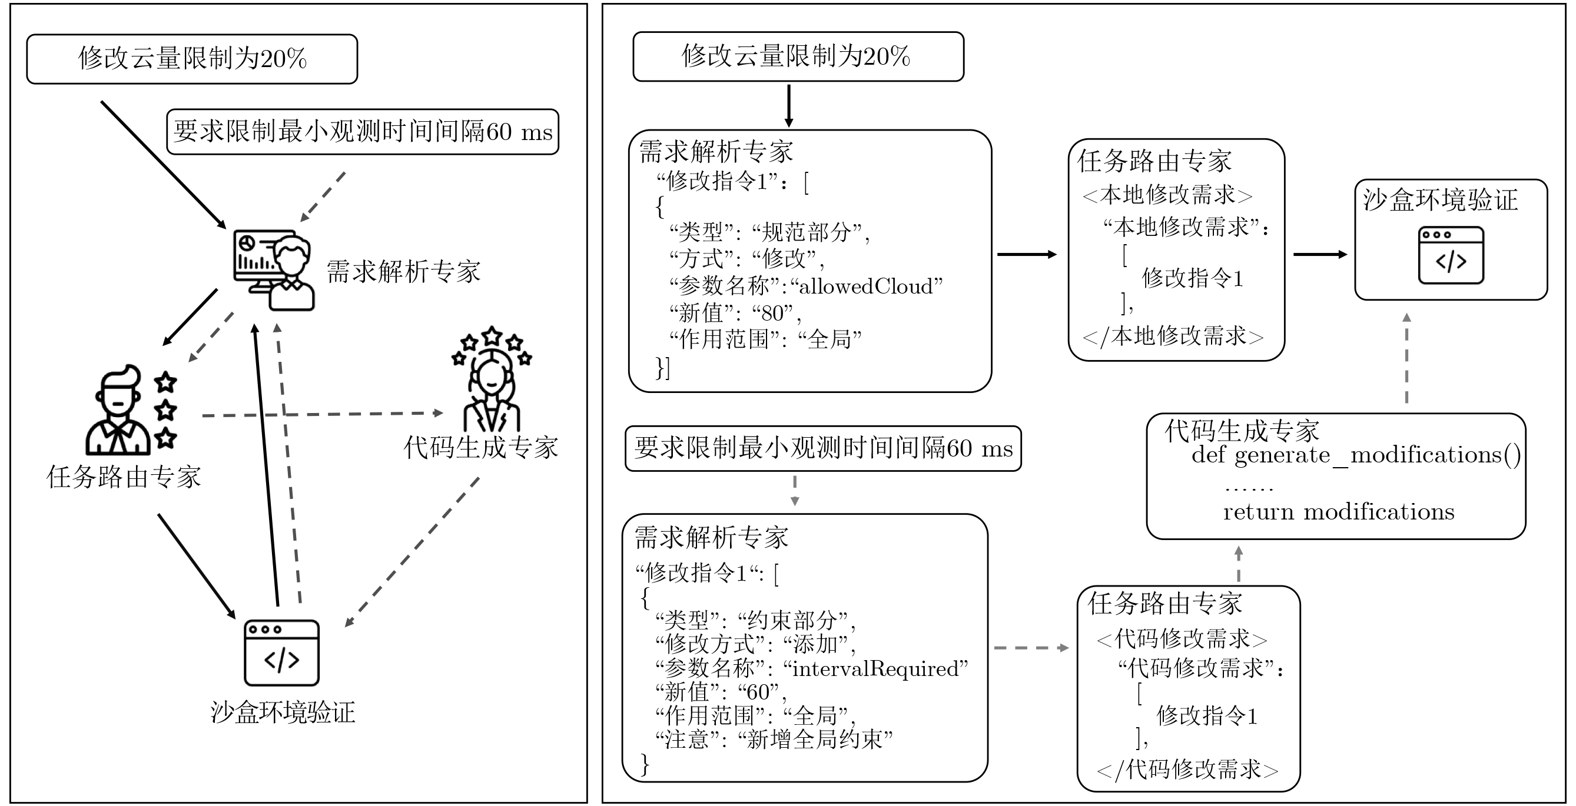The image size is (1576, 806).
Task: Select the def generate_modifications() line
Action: point(1356,455)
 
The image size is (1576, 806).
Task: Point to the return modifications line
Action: point(1339,512)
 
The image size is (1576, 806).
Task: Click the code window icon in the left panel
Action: point(281,652)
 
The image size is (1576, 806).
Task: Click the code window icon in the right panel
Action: point(1451,255)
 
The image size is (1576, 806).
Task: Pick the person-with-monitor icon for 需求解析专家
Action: point(274,269)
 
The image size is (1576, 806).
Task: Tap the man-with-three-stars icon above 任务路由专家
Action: point(130,410)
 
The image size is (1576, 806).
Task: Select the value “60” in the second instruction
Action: point(758,692)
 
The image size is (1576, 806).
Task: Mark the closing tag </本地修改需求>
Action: point(1173,337)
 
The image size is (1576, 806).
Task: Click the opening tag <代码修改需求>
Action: point(1182,639)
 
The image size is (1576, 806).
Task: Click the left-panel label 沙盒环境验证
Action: point(283,712)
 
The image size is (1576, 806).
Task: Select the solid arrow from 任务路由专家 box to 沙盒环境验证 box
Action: point(1320,254)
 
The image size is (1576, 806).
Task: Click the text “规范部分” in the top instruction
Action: point(807,232)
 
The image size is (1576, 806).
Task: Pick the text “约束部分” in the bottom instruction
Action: point(792,621)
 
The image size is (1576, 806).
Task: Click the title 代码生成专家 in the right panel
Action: point(1242,431)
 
